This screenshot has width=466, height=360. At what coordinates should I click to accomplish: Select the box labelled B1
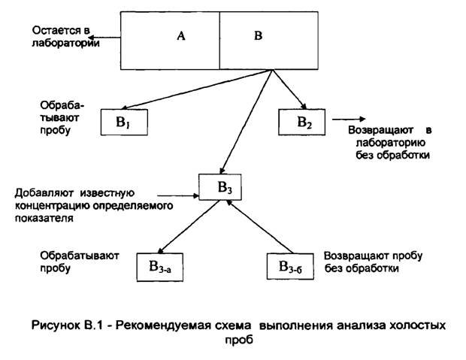point(123,122)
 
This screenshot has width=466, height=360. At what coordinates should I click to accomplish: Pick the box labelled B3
point(222,187)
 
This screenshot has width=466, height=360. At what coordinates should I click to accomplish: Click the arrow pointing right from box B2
point(346,118)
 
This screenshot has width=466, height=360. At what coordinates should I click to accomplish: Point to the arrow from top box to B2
point(290,89)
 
